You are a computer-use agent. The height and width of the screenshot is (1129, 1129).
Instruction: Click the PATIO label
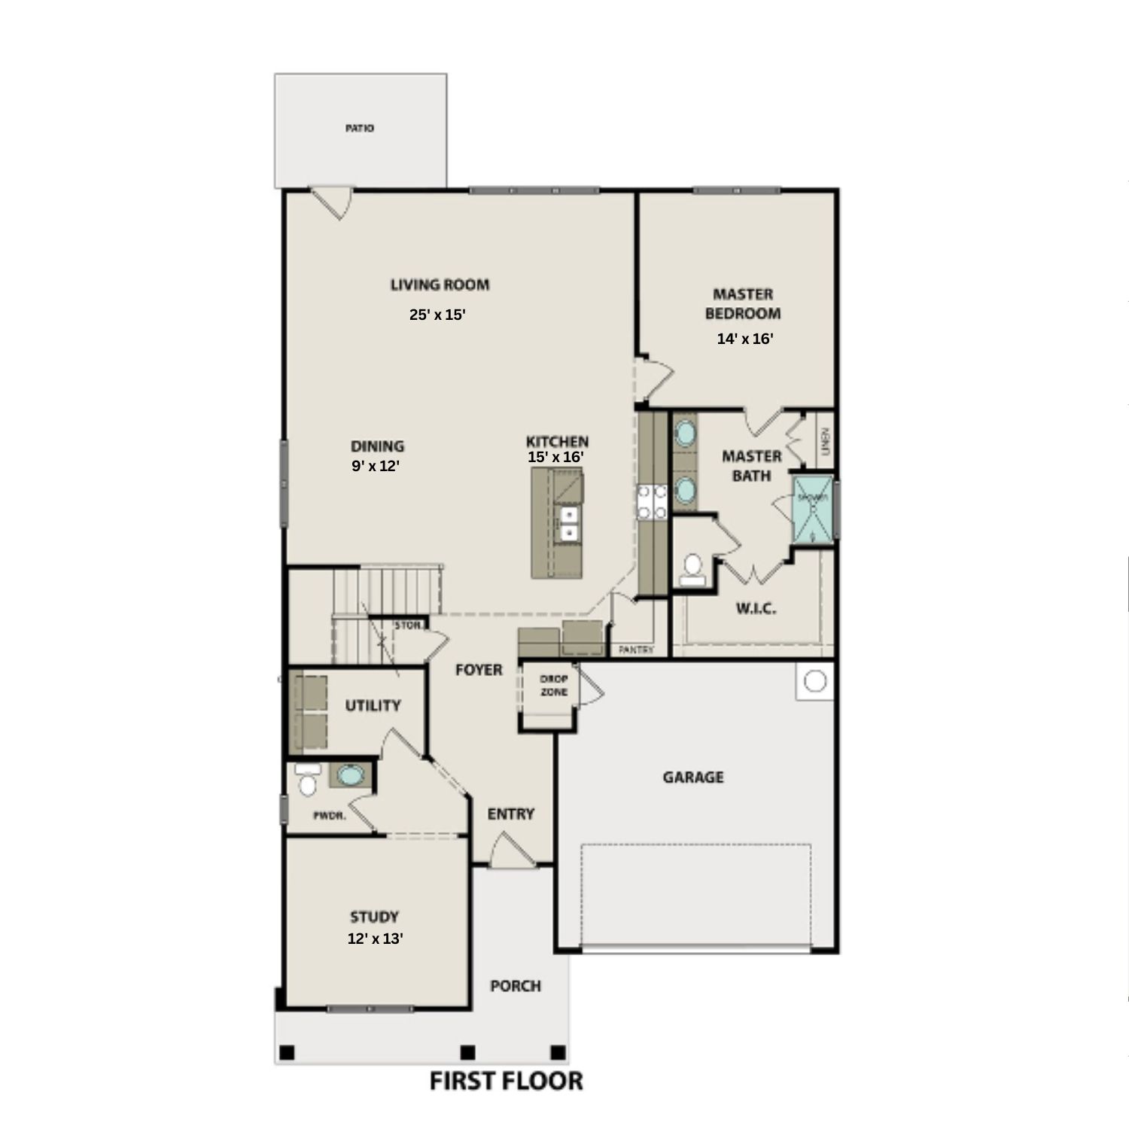(x=359, y=129)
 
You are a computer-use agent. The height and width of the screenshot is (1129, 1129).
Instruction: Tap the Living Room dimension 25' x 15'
(x=437, y=315)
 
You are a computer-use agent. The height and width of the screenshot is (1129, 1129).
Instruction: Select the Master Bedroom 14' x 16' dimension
(x=744, y=339)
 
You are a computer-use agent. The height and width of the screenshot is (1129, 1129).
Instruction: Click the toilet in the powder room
(x=307, y=782)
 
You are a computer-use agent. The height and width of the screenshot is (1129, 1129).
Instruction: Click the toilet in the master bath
(x=692, y=570)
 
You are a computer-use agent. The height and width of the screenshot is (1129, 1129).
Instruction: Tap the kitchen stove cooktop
(x=652, y=502)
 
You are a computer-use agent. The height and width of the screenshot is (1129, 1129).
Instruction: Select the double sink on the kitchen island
(x=569, y=524)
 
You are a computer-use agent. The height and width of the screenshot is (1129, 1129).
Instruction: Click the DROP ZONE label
(x=554, y=686)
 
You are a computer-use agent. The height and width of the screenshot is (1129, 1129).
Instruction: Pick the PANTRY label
(x=636, y=650)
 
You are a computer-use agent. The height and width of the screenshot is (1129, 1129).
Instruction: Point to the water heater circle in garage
(x=814, y=681)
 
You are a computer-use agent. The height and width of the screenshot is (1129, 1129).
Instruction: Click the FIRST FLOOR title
(x=506, y=1081)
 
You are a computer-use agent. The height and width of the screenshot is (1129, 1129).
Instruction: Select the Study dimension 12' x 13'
(x=375, y=939)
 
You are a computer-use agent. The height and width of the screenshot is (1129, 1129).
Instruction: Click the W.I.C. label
(x=756, y=609)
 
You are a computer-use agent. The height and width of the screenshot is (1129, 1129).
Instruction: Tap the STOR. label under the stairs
(x=408, y=625)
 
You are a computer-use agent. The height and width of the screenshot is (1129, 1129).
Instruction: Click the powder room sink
(x=349, y=775)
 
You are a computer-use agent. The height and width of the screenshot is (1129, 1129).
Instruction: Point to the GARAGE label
(x=693, y=777)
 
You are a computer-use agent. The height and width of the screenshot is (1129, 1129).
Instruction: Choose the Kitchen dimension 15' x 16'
(x=556, y=456)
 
